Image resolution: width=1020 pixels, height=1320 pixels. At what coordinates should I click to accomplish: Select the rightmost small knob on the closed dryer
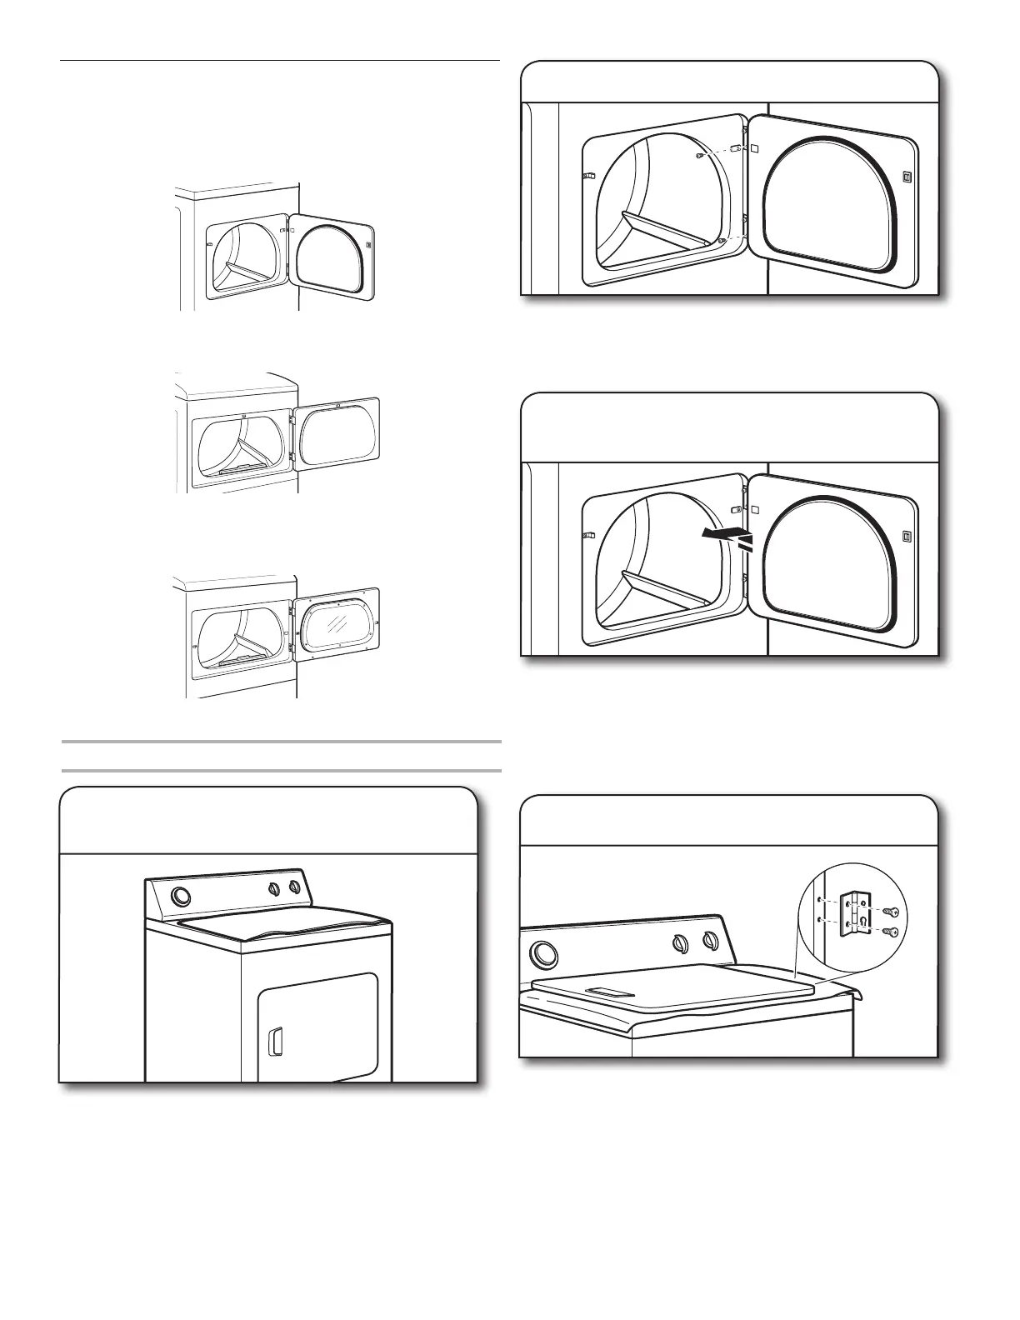pyautogui.click(x=294, y=888)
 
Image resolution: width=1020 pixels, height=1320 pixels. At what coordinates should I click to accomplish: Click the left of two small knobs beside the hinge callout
pyautogui.click(x=679, y=942)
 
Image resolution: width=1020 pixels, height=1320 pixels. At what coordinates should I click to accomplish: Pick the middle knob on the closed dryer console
pyautogui.click(x=274, y=890)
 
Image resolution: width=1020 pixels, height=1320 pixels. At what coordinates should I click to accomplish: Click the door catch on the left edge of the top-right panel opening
pyautogui.click(x=587, y=176)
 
